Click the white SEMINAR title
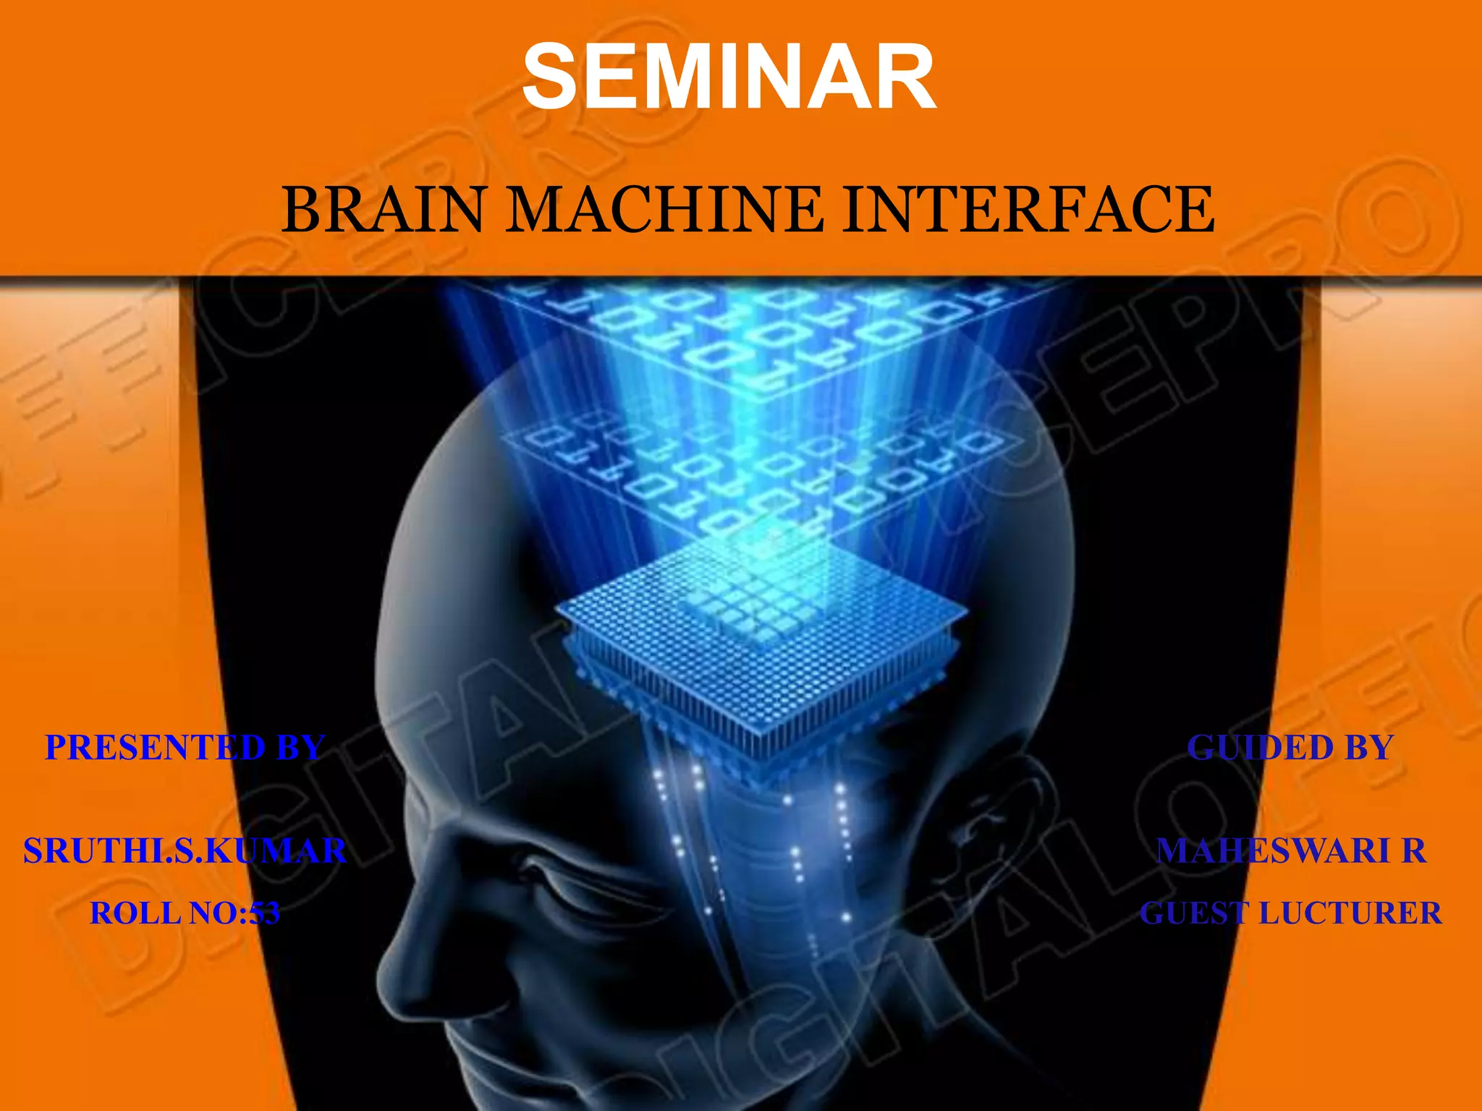point(729,77)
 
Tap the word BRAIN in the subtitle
point(382,210)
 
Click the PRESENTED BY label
point(185,747)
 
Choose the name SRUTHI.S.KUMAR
point(185,851)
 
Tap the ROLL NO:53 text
point(185,913)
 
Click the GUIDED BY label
point(1290,747)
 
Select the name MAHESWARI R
point(1291,851)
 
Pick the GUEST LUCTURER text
point(1291,913)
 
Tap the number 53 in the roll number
point(263,913)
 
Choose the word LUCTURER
point(1350,913)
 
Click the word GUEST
point(1194,913)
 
